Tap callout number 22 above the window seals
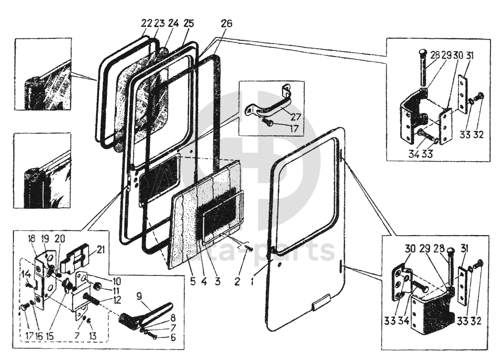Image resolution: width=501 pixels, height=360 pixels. [146, 23]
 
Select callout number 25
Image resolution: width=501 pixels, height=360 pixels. [188, 23]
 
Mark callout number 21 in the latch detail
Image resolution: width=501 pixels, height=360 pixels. [101, 249]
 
